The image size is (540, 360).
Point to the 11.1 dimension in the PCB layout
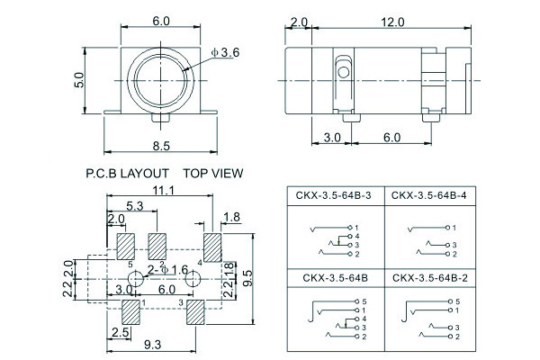(x=162, y=191)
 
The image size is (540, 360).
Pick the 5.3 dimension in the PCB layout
(x=136, y=206)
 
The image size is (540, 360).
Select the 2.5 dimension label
(x=117, y=333)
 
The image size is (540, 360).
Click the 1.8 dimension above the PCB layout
(x=230, y=217)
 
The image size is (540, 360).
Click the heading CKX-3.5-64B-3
(x=332, y=194)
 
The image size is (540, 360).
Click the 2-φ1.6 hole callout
(x=167, y=270)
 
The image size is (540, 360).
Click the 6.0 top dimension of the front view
(x=161, y=20)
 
